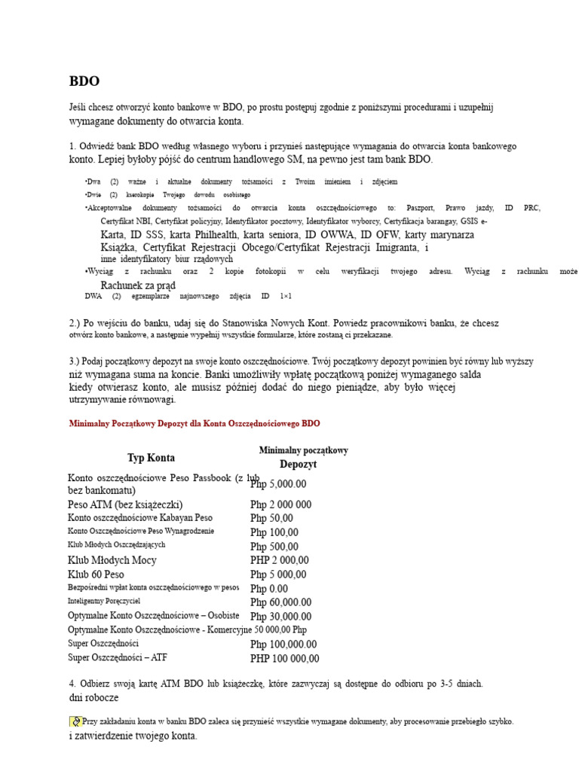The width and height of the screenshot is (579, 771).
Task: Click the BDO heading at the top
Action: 84,81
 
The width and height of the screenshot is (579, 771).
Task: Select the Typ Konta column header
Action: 151,458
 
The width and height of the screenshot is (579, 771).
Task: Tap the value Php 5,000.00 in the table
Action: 279,484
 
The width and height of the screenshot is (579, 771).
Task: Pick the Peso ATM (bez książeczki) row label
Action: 125,504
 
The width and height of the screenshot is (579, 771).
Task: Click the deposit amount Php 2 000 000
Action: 280,504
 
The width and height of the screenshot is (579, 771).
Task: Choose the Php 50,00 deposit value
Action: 271,518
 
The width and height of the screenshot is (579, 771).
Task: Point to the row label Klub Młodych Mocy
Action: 113,560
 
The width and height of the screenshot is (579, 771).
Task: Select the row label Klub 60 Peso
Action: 96,574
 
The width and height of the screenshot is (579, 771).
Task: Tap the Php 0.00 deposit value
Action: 269,588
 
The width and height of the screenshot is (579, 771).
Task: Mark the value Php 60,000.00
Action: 280,602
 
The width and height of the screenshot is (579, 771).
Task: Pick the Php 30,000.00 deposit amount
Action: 280,617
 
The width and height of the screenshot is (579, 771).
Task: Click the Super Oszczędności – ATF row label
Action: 118,657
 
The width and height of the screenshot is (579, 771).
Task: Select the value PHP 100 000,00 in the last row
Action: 284,659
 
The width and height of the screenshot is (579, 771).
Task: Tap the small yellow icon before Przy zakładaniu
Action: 75,721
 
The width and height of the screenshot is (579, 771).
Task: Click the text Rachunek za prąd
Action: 138,285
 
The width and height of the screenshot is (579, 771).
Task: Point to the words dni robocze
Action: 93,698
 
